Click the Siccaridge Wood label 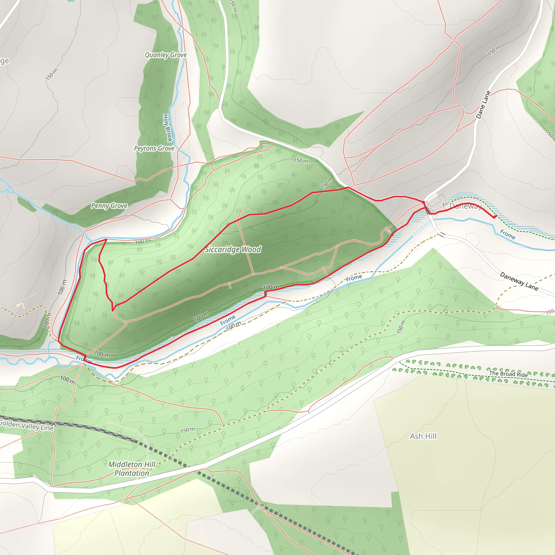click(233, 249)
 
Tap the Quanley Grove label click(166, 55)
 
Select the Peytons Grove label click(154, 148)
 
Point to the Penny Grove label click(109, 206)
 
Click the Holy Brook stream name click(167, 128)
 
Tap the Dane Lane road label click(483, 105)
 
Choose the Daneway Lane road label click(519, 281)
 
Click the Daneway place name click(465, 206)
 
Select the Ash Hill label click(423, 436)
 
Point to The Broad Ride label click(508, 374)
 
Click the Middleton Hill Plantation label click(132, 469)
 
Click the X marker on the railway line click(53, 424)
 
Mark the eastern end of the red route click(496, 216)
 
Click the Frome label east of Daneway click(508, 234)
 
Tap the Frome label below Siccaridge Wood click(228, 320)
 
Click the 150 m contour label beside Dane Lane click(494, 50)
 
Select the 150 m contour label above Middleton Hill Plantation click(188, 430)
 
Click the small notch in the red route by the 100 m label click(265, 293)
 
